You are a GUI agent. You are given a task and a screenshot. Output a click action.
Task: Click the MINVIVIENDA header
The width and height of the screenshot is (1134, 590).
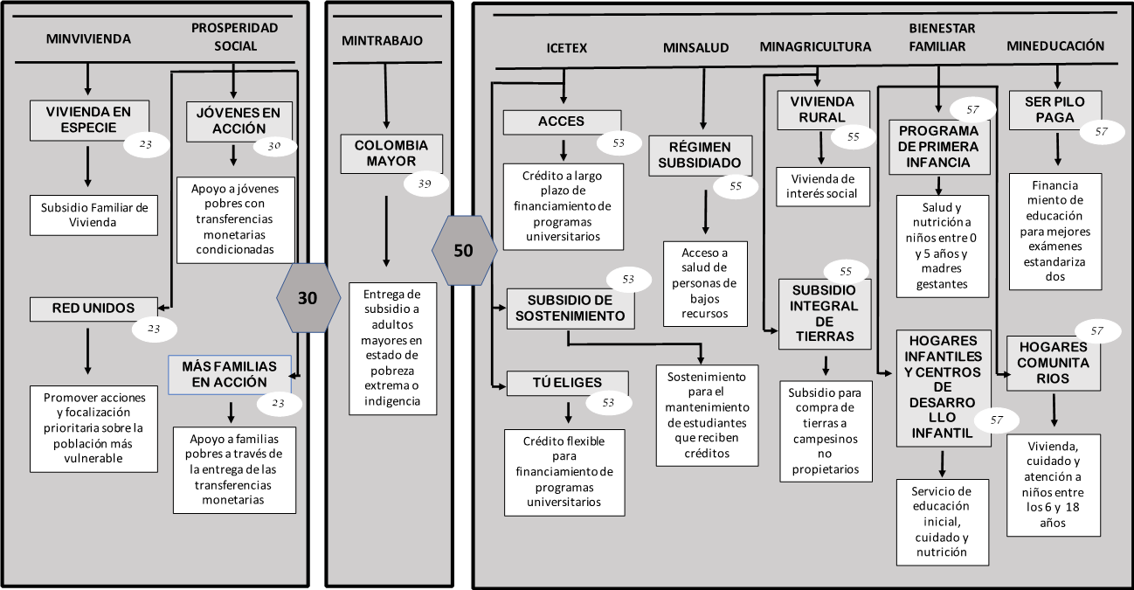pyautogui.click(x=87, y=39)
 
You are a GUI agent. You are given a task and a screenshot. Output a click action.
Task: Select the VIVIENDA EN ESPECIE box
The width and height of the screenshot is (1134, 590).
pyautogui.click(x=88, y=120)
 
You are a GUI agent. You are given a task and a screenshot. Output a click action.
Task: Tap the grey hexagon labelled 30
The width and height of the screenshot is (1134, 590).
pyautogui.click(x=308, y=298)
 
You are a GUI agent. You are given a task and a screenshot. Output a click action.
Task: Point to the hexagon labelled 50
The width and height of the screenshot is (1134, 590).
pyautogui.click(x=464, y=251)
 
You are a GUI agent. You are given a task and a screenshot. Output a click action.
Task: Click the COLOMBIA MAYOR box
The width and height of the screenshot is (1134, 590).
pyautogui.click(x=391, y=154)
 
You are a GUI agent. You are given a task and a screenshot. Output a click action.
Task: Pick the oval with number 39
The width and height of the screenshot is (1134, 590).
pyautogui.click(x=425, y=184)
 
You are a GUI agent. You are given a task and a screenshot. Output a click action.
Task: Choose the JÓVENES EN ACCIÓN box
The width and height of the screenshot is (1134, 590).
pyautogui.click(x=232, y=121)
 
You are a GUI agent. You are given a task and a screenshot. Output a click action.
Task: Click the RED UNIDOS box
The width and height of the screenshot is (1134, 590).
pyautogui.click(x=93, y=309)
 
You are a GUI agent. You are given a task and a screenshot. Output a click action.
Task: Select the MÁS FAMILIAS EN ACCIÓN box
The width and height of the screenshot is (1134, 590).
pyautogui.click(x=230, y=374)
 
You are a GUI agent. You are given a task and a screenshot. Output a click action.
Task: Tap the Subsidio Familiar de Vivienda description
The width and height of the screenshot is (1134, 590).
pyautogui.click(x=93, y=215)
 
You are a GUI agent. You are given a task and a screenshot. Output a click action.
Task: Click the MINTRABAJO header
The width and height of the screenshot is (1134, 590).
pyautogui.click(x=382, y=40)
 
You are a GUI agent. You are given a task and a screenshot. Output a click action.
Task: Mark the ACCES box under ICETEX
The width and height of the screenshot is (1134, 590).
pyautogui.click(x=562, y=121)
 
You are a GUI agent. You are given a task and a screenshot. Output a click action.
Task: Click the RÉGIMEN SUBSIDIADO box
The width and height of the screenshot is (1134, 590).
pyautogui.click(x=700, y=155)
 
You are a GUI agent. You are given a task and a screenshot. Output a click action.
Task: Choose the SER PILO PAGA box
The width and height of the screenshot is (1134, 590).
pyautogui.click(x=1054, y=109)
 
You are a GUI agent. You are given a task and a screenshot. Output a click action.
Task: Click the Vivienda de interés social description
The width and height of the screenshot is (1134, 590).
pyautogui.click(x=824, y=187)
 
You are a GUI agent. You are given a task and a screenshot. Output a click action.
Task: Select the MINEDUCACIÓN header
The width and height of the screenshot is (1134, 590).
pyautogui.click(x=1054, y=46)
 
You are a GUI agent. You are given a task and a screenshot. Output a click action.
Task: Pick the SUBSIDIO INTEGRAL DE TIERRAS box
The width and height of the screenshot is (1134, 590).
pyautogui.click(x=825, y=313)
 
